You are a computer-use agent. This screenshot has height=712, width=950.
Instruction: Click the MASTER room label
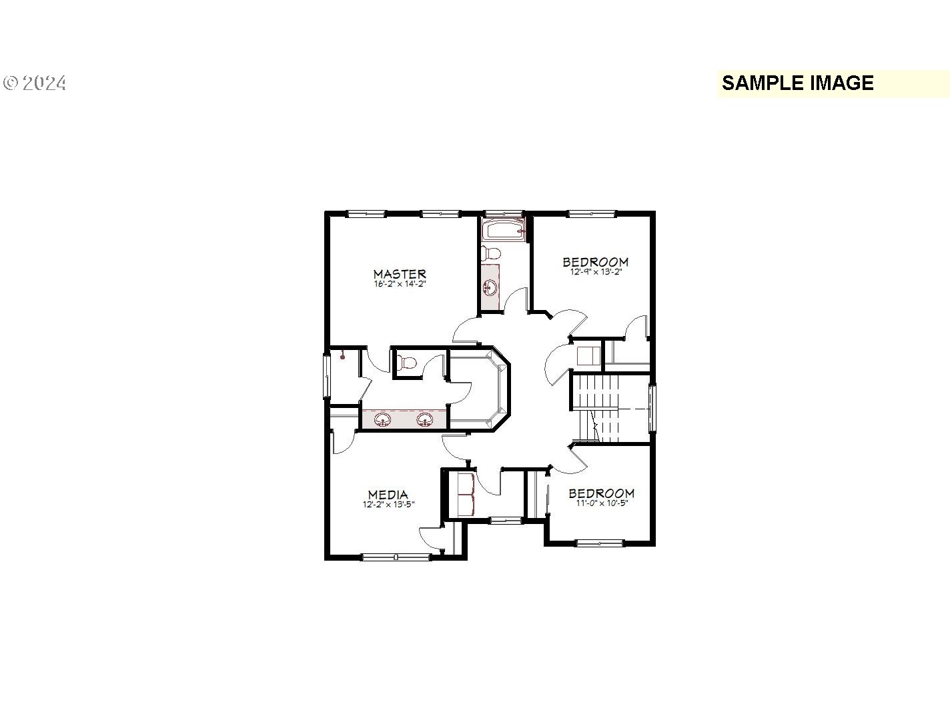point(400,274)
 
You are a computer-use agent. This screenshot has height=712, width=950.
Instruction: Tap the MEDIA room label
point(388,495)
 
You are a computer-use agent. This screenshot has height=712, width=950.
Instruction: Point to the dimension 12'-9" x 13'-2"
point(596,272)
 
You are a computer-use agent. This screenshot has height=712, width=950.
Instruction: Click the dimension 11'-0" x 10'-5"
point(602,503)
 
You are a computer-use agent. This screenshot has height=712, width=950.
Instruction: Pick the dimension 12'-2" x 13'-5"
point(389,504)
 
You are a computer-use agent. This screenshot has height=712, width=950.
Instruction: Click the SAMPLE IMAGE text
point(798,83)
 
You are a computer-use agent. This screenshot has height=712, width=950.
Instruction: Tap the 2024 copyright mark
point(35,83)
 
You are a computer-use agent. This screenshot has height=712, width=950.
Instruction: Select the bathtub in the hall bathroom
point(504,229)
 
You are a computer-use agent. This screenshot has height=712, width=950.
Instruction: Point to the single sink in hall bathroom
point(490,287)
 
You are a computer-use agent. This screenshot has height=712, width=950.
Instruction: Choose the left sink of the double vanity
point(382,419)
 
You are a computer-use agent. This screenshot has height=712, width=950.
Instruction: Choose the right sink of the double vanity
point(424,419)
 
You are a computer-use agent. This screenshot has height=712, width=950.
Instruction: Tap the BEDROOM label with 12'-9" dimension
point(596,262)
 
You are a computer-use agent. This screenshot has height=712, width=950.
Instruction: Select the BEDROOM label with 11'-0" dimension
point(602,493)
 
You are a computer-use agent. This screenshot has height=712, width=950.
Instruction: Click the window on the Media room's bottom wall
point(396,557)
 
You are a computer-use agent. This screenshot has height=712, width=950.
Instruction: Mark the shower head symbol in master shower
point(342,355)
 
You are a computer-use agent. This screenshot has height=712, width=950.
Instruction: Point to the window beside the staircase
point(652,407)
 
